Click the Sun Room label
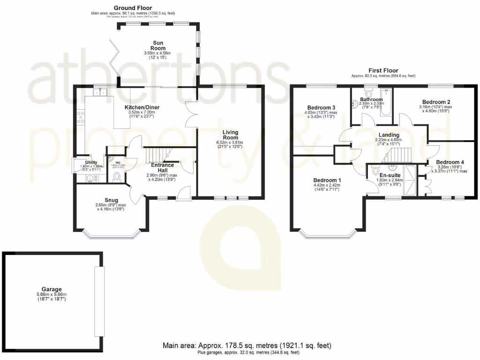(159, 45)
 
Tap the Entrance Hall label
(162, 167)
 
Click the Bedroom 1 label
(327, 180)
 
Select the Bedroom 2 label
(436, 102)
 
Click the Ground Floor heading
(133, 8)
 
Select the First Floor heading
(383, 70)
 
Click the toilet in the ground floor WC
(117, 175)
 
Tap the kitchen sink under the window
(101, 92)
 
